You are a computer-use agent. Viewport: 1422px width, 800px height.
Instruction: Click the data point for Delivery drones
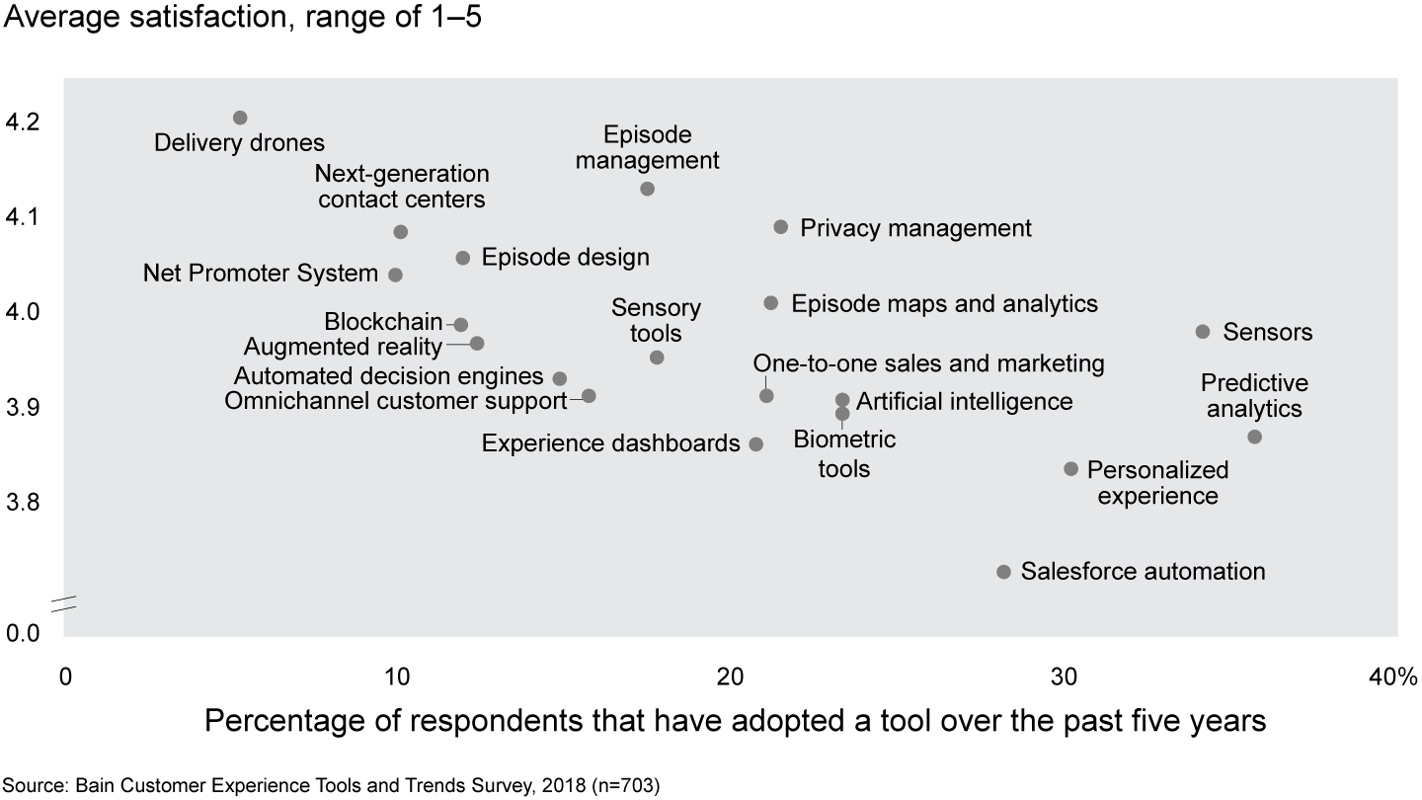coord(240,119)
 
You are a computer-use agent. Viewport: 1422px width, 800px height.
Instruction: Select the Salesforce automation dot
coord(1004,572)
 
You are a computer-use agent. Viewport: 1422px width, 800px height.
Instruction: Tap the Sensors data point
coord(1203,332)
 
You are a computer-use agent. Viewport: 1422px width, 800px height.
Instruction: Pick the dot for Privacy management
coord(781,227)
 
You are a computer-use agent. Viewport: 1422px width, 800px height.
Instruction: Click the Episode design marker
coord(463,258)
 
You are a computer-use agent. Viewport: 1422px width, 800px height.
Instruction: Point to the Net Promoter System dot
coord(395,275)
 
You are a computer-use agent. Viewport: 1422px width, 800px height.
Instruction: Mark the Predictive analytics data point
coord(1254,437)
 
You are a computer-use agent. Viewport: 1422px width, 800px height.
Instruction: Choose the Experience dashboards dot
coord(756,444)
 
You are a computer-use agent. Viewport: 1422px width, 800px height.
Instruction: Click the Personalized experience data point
coord(1071,468)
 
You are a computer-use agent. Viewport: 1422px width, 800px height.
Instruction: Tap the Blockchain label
coord(383,323)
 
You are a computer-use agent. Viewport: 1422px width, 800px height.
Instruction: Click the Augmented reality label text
coord(343,347)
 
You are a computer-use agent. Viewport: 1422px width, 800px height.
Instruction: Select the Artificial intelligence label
coord(964,401)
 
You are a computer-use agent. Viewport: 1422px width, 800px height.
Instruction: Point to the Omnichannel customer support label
coord(396,401)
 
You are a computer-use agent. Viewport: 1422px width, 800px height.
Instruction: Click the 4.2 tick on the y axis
coord(23,122)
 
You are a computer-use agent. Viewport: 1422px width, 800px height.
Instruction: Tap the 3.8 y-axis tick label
coord(23,504)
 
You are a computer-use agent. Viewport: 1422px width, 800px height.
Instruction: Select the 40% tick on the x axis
coord(1392,677)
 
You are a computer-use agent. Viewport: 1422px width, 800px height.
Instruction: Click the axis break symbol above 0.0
coord(64,603)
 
